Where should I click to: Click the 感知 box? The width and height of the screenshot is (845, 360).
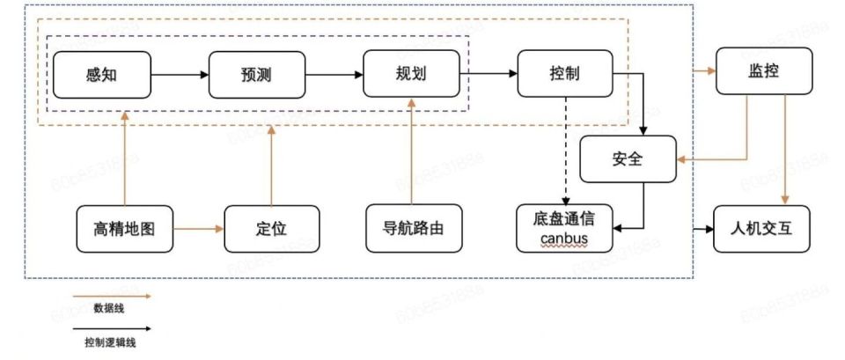(x=102, y=74)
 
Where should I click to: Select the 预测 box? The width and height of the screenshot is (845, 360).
(x=257, y=74)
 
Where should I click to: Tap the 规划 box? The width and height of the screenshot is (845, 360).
(x=412, y=74)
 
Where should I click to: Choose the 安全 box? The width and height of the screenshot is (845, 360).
(x=627, y=159)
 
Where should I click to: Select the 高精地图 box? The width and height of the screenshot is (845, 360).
(x=124, y=229)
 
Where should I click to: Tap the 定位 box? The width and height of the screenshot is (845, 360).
(x=270, y=229)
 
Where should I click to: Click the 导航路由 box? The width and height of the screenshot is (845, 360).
(x=412, y=229)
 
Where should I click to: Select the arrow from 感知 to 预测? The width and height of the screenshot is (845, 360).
(x=180, y=74)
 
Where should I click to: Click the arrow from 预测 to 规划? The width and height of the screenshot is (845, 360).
(x=334, y=74)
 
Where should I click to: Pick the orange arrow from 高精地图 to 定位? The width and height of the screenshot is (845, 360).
(x=198, y=229)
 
